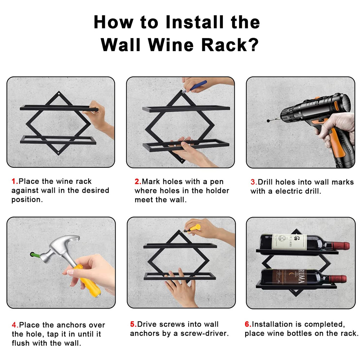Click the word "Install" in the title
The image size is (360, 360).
coord(194,22)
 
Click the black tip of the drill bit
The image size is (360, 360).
coord(268,121)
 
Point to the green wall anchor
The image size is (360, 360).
coord(33,255)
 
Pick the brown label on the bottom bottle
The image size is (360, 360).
coord(289,276)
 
